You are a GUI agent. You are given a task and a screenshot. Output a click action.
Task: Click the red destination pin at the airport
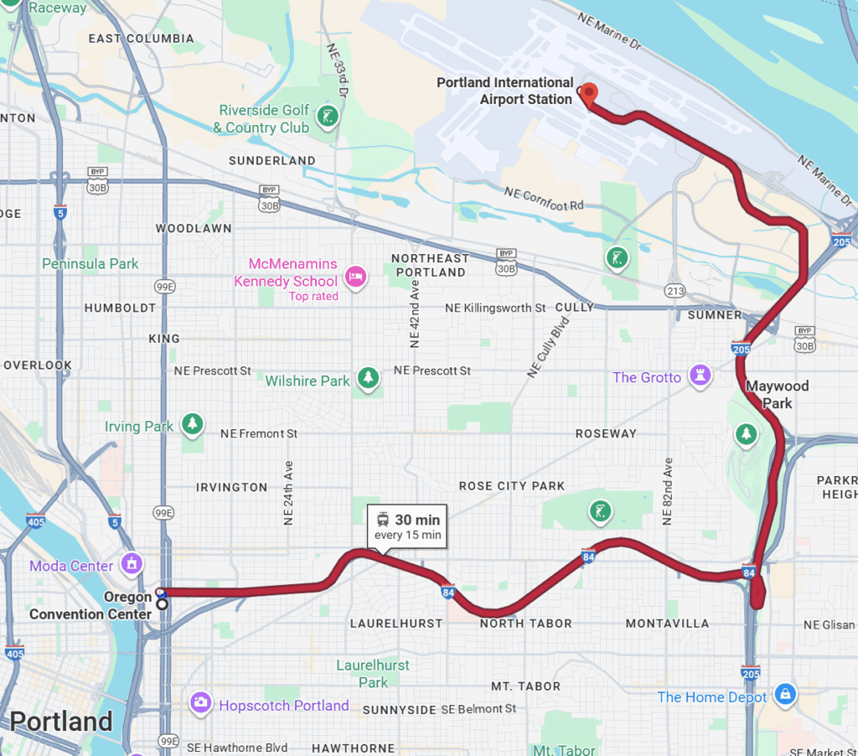pyautogui.click(x=589, y=94)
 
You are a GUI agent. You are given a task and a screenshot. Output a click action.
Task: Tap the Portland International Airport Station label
pyautogui.click(x=505, y=91)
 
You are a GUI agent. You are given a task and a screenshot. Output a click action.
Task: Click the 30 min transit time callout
pyautogui.click(x=407, y=527)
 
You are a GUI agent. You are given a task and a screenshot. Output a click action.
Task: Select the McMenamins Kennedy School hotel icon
pyautogui.click(x=356, y=277)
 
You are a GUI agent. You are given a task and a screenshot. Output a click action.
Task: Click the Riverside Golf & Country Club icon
pyautogui.click(x=329, y=116)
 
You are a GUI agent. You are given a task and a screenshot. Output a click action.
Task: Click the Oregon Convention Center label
pyautogui.click(x=90, y=606)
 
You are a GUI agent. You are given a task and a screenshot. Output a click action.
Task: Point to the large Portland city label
pyautogui.click(x=60, y=722)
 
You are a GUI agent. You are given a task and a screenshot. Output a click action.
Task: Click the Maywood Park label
pyautogui.click(x=777, y=395)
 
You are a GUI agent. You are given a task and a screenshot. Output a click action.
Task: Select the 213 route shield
pyautogui.click(x=675, y=292)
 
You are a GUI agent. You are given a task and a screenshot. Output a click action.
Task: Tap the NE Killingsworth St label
pyautogui.click(x=495, y=308)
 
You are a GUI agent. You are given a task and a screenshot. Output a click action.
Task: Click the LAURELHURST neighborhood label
pyautogui.click(x=395, y=624)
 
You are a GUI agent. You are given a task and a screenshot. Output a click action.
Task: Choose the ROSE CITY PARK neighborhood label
pyautogui.click(x=512, y=486)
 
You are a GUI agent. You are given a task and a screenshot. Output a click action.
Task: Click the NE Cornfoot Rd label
pyautogui.click(x=544, y=199)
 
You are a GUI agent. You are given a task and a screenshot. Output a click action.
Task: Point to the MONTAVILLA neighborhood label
pyautogui.click(x=667, y=624)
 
